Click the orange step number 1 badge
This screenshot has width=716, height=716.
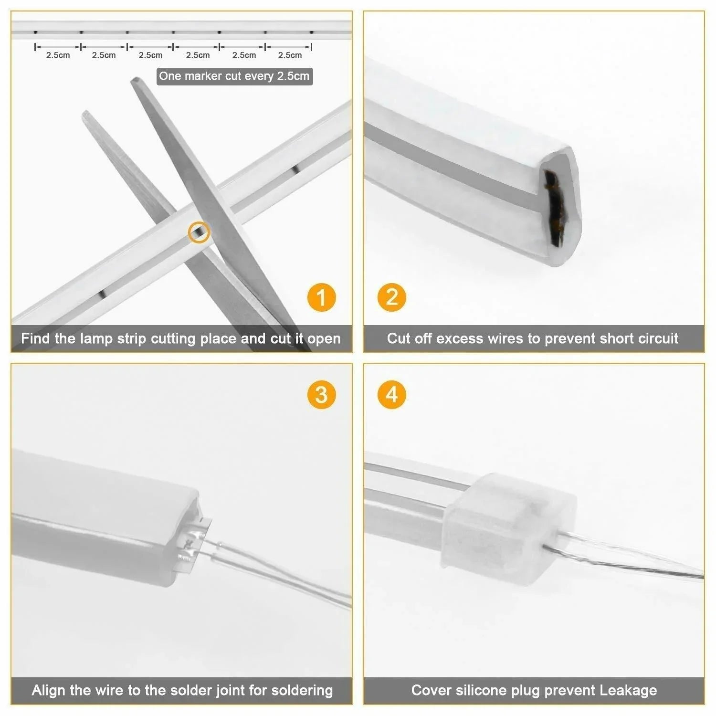[x=321, y=297]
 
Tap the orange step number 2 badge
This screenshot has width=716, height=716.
[x=391, y=297]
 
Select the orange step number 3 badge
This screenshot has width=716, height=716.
[x=321, y=395]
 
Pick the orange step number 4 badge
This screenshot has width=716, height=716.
[x=391, y=395]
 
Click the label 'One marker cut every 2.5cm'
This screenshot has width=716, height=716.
[x=234, y=76]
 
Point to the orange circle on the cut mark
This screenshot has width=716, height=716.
[x=199, y=232]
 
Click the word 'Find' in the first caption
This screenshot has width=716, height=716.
[x=36, y=338]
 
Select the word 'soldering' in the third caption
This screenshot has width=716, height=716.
[x=302, y=690]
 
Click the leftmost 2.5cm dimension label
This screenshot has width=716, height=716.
[x=58, y=55]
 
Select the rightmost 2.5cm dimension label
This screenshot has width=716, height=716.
[x=290, y=55]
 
